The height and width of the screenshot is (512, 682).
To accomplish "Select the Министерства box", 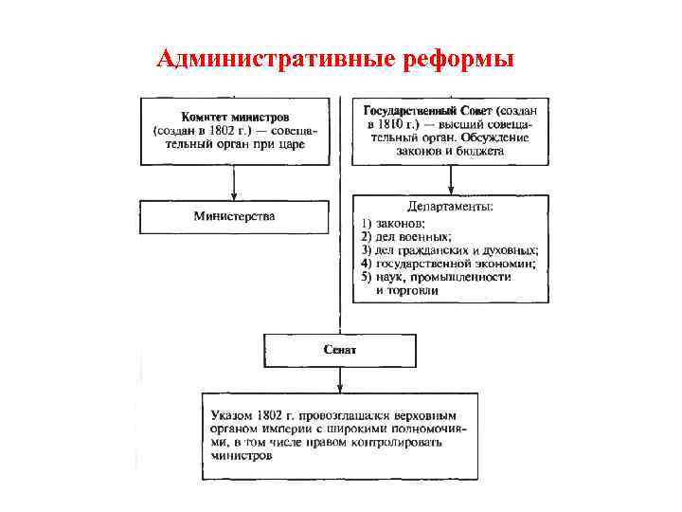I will [235, 216].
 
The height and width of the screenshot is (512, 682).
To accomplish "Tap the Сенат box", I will [339, 350].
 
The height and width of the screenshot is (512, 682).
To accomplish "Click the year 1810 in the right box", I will [392, 124].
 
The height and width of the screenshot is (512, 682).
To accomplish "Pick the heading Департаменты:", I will [450, 205].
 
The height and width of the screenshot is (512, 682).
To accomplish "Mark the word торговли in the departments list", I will [408, 290].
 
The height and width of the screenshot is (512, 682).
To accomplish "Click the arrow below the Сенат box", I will [340, 379].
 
